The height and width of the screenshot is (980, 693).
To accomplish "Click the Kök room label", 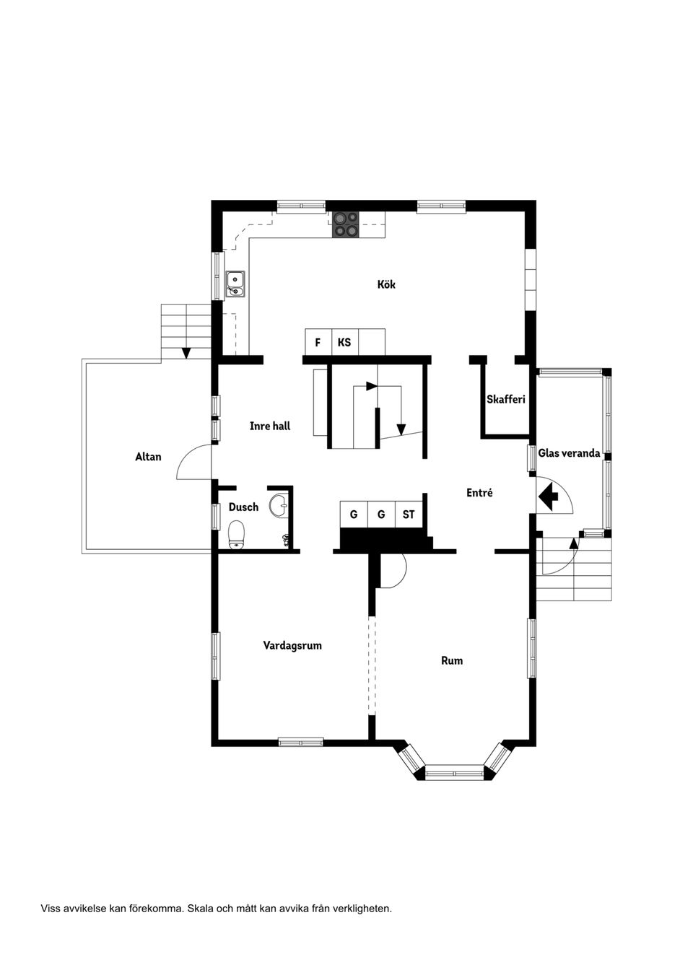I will click(x=386, y=284).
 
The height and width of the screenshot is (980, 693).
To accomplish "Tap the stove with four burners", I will click(x=345, y=224).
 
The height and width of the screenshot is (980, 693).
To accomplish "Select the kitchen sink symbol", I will click(x=235, y=284).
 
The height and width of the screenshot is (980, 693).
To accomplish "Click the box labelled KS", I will click(x=344, y=342).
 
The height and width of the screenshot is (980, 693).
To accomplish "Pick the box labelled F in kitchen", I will click(x=318, y=342).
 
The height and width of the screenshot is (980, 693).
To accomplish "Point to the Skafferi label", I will click(x=505, y=399).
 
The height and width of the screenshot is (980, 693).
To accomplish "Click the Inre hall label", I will click(x=270, y=426).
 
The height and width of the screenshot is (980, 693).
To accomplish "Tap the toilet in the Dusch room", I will click(x=237, y=535).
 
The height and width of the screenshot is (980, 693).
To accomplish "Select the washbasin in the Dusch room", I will click(x=279, y=505).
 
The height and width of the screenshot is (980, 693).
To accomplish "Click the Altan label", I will click(x=148, y=457).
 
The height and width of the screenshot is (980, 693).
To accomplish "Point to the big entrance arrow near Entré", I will click(x=549, y=496).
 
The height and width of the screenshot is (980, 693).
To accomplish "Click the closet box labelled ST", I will click(x=409, y=515).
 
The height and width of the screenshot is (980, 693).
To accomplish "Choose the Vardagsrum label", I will click(x=292, y=645).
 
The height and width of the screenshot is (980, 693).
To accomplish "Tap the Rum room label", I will click(x=452, y=660).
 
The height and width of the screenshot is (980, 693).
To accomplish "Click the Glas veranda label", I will click(x=569, y=453).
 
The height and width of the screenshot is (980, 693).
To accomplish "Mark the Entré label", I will click(x=479, y=493).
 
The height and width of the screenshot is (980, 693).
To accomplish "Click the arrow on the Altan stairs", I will click(x=186, y=352).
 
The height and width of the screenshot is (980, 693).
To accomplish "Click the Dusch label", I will click(x=243, y=507).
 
